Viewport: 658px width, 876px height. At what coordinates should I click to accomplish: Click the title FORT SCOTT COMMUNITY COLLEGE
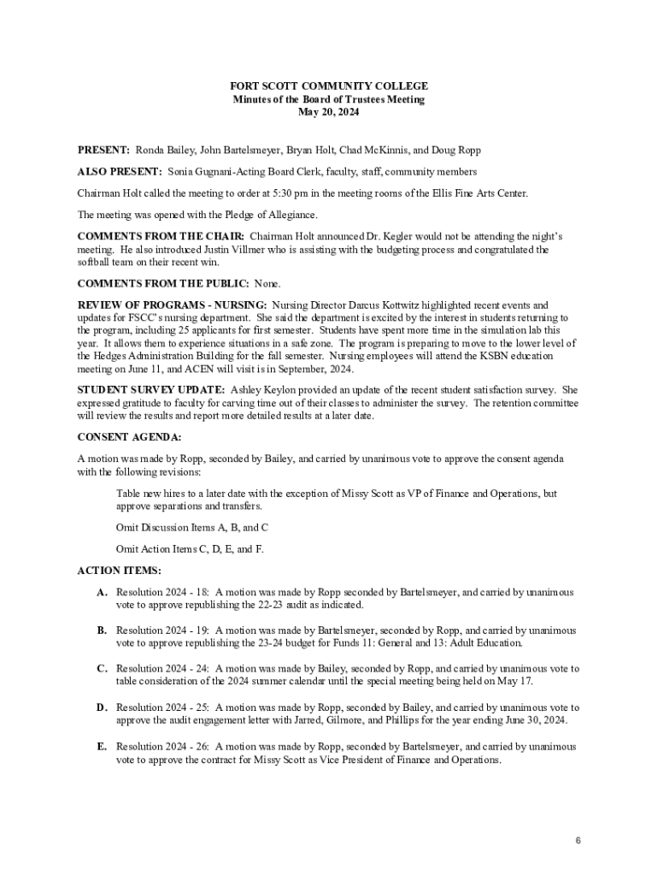click(x=329, y=86)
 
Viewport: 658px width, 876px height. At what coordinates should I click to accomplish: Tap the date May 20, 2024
click(x=329, y=112)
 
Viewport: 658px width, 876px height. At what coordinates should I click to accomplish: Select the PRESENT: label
click(x=103, y=150)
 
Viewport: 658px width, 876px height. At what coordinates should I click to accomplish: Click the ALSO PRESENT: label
click(x=120, y=172)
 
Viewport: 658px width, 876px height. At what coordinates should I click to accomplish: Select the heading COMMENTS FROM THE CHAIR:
click(x=162, y=236)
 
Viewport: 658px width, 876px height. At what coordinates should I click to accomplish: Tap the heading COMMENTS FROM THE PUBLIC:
click(x=163, y=283)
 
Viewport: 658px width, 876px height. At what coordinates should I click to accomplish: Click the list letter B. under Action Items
click(x=102, y=630)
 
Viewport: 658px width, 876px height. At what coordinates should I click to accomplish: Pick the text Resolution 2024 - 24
click(x=163, y=669)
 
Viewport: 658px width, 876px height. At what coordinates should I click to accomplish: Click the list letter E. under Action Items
click(x=102, y=747)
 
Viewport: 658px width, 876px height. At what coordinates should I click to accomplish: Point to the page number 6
click(x=578, y=841)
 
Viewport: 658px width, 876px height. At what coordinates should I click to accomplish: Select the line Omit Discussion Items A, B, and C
click(x=192, y=527)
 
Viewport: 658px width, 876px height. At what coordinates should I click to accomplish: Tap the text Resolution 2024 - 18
click(x=163, y=592)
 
